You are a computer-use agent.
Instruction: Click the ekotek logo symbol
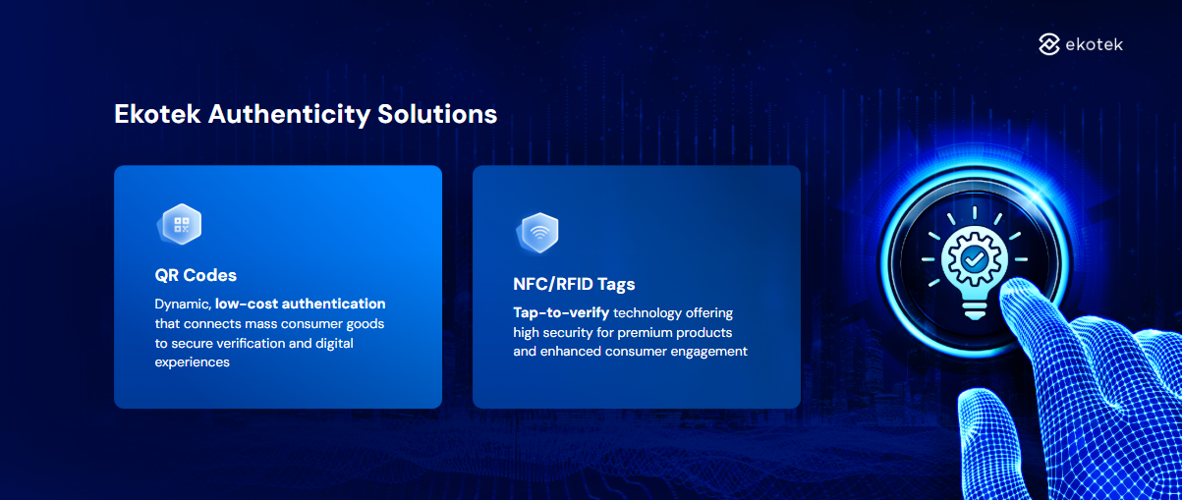tap(1049, 44)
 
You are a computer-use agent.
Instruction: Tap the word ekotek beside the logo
tap(1094, 44)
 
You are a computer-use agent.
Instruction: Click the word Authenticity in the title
tap(289, 115)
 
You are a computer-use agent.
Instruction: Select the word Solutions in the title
tap(437, 114)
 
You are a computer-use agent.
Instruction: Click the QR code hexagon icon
tap(180, 224)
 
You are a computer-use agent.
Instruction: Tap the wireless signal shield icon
tap(537, 233)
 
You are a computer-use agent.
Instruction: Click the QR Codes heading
tap(196, 275)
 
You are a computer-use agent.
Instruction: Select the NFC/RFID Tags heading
tap(574, 284)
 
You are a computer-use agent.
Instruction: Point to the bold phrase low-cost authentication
tap(301, 304)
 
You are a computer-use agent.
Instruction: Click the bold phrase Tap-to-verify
tap(561, 312)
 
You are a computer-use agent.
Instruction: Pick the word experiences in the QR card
tap(192, 362)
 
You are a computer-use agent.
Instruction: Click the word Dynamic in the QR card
tap(183, 305)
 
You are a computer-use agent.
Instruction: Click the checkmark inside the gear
tap(975, 259)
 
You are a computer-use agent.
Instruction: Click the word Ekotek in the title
tap(157, 114)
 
